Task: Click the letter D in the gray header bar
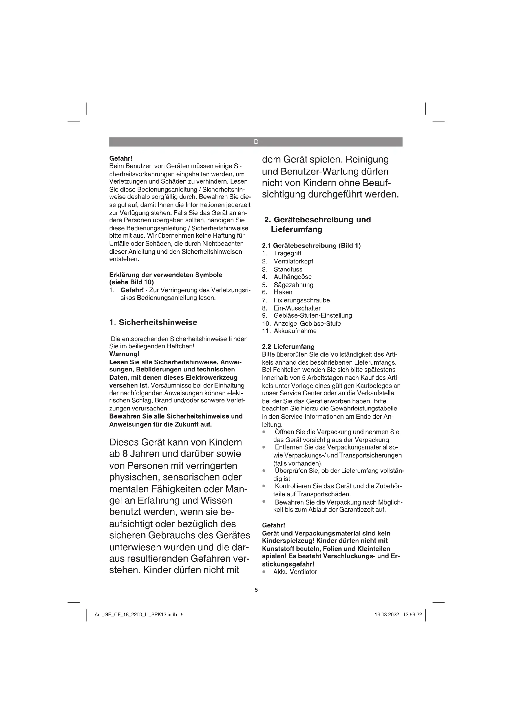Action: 256,142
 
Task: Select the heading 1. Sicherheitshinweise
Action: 153,322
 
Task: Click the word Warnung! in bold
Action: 124,354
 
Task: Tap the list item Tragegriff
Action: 287,253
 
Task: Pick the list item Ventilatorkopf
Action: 293,261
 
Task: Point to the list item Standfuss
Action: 288,269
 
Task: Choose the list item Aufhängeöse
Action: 293,277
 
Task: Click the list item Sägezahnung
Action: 293,285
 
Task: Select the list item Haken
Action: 283,292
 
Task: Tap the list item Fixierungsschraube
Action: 302,300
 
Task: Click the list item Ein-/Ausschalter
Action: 297,308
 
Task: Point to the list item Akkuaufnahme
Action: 295,331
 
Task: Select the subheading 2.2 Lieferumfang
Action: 288,347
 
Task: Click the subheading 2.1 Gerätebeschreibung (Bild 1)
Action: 311,245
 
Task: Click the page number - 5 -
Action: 256,590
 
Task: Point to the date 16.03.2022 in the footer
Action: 387,615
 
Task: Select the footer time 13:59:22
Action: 412,615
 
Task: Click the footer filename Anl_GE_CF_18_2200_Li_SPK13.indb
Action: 136,615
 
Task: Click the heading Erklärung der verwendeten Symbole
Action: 166,275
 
